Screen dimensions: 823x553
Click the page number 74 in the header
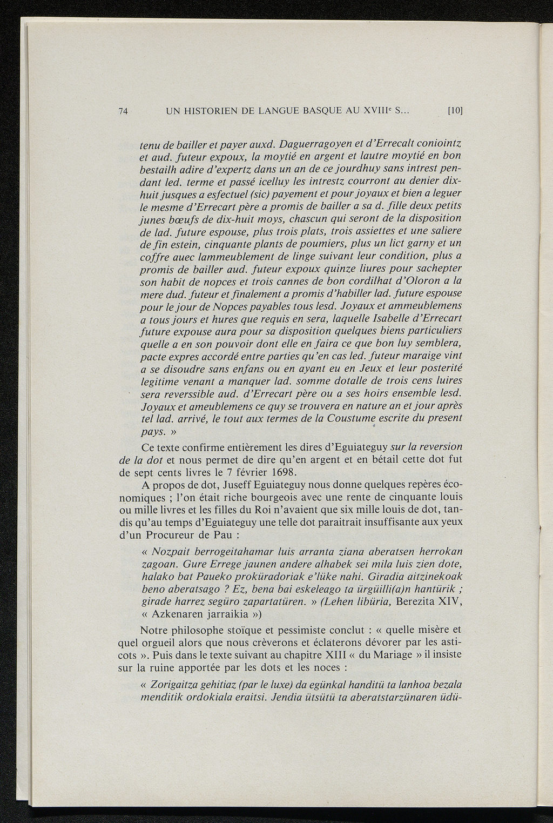123,112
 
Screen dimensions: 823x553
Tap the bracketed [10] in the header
456,112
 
